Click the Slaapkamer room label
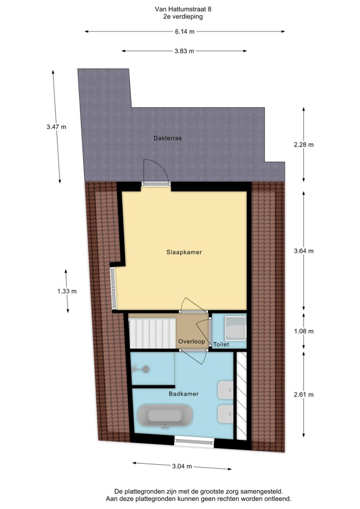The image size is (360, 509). (184, 252)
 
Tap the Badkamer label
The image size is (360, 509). (183, 394)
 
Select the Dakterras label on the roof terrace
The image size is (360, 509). (168, 138)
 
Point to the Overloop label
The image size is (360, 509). (191, 342)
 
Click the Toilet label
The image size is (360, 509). (221, 345)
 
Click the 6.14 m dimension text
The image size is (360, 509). (185, 32)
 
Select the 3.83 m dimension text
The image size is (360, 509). (184, 51)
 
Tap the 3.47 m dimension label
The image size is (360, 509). (56, 127)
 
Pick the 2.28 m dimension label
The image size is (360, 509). (304, 145)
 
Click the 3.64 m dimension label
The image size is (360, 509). (304, 251)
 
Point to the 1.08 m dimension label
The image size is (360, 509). (304, 331)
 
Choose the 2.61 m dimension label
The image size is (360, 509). (304, 395)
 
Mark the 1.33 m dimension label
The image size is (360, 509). (67, 292)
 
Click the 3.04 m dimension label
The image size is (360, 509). (182, 466)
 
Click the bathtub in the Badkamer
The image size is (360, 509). (165, 416)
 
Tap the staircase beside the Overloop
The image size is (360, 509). (153, 333)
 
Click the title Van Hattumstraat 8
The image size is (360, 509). (183, 9)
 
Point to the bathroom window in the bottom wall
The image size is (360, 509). (194, 441)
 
